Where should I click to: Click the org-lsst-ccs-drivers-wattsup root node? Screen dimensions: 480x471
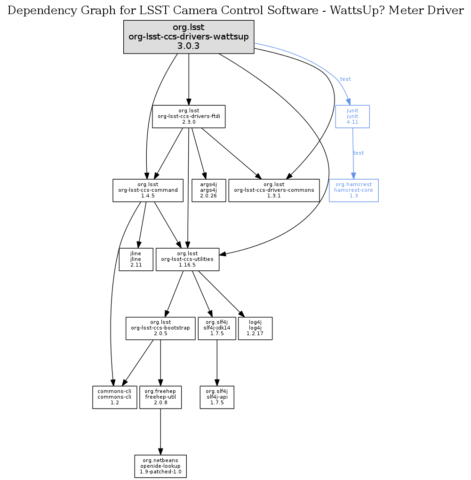pyautogui.click(x=189, y=37)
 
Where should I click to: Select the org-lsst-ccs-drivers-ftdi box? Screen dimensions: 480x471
pyautogui.click(x=189, y=116)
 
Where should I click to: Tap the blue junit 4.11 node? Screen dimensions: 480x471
pyautogui.click(x=352, y=116)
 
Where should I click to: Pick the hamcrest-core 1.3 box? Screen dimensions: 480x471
pyautogui.click(x=353, y=190)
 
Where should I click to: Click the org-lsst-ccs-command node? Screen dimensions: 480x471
pyautogui.click(x=148, y=190)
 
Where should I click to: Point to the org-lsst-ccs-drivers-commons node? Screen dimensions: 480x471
pyautogui.click(x=274, y=190)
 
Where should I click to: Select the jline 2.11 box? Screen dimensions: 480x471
pyautogui.click(x=136, y=260)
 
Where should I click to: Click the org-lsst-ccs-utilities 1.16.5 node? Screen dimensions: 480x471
pyautogui.click(x=187, y=260)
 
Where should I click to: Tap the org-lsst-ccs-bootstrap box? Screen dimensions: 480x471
pyautogui.click(x=160, y=328)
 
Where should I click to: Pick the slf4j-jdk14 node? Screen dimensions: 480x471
pyautogui.click(x=217, y=328)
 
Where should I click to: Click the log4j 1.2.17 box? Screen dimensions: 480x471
pyautogui.click(x=255, y=328)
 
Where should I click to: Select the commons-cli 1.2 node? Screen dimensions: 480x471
pyautogui.click(x=114, y=397)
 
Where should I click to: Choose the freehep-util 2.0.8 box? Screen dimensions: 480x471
pyautogui.click(x=160, y=397)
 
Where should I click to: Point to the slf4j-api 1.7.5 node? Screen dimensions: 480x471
pyautogui.click(x=217, y=397)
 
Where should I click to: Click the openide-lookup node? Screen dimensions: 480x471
pyautogui.click(x=160, y=466)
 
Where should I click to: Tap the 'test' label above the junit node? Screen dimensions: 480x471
pyautogui.click(x=345, y=79)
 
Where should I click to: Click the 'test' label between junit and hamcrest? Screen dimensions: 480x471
pyautogui.click(x=359, y=153)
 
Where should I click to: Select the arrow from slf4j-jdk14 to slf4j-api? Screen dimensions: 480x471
pyautogui.click(x=217, y=362)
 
